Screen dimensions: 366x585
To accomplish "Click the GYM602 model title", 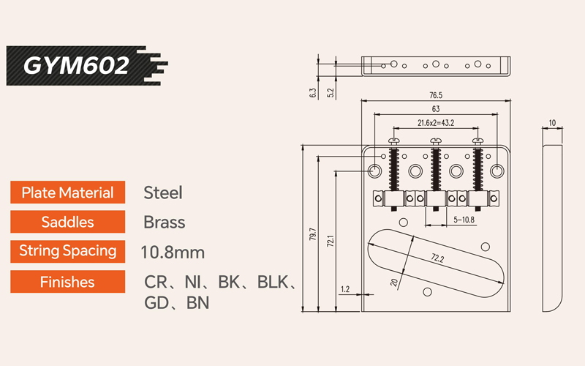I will [76, 65].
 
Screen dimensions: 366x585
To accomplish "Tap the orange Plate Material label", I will [67, 193].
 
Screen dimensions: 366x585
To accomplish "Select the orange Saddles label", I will [67, 222].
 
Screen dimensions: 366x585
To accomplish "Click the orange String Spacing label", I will [67, 251].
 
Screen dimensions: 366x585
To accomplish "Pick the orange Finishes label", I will [67, 281].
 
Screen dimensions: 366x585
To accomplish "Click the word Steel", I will [162, 193].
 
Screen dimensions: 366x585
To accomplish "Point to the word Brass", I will [165, 222].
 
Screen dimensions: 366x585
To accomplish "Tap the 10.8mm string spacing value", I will [173, 252].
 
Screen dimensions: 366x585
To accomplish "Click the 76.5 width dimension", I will [437, 95].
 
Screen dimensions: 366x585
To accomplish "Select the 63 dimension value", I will [437, 109].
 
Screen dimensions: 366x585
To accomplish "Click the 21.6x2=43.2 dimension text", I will [437, 122].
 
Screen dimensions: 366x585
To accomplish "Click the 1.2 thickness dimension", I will [346, 290].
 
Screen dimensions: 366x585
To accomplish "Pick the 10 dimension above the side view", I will [552, 122].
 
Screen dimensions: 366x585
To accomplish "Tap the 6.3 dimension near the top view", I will [313, 93].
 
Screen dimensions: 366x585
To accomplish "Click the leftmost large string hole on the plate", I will [374, 171].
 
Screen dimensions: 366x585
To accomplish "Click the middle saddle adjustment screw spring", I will [437, 171].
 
